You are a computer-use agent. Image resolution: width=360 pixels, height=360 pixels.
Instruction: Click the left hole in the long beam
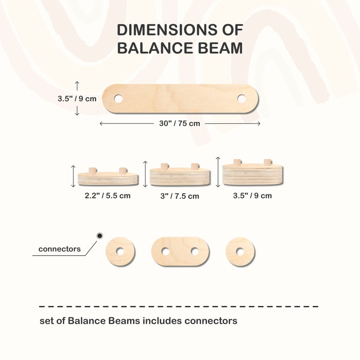tap(118, 98)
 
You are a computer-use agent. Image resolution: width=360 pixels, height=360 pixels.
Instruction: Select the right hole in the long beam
tap(242, 98)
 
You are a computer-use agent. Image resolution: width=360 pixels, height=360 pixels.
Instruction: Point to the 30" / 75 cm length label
tap(180, 123)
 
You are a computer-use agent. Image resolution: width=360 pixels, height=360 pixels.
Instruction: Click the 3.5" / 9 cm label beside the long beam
tap(77, 98)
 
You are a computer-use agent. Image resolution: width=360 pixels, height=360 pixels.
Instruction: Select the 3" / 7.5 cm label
tap(180, 196)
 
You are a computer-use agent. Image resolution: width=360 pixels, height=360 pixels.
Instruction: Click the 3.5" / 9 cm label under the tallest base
tap(252, 196)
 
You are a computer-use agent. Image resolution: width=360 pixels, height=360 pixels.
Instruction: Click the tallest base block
tap(252, 175)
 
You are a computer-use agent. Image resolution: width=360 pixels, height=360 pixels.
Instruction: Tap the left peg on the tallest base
tap(237, 162)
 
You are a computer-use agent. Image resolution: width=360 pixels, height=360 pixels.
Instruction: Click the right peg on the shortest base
tap(122, 170)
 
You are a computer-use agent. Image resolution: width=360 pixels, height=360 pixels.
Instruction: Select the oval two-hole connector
tap(180, 251)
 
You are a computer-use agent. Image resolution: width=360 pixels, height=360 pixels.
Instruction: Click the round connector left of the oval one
tap(120, 251)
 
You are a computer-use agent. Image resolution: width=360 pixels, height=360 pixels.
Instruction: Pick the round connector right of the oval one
tap(240, 251)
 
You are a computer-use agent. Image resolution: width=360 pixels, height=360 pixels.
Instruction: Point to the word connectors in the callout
tap(59, 249)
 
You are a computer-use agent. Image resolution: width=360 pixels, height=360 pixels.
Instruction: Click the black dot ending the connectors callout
tap(100, 236)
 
